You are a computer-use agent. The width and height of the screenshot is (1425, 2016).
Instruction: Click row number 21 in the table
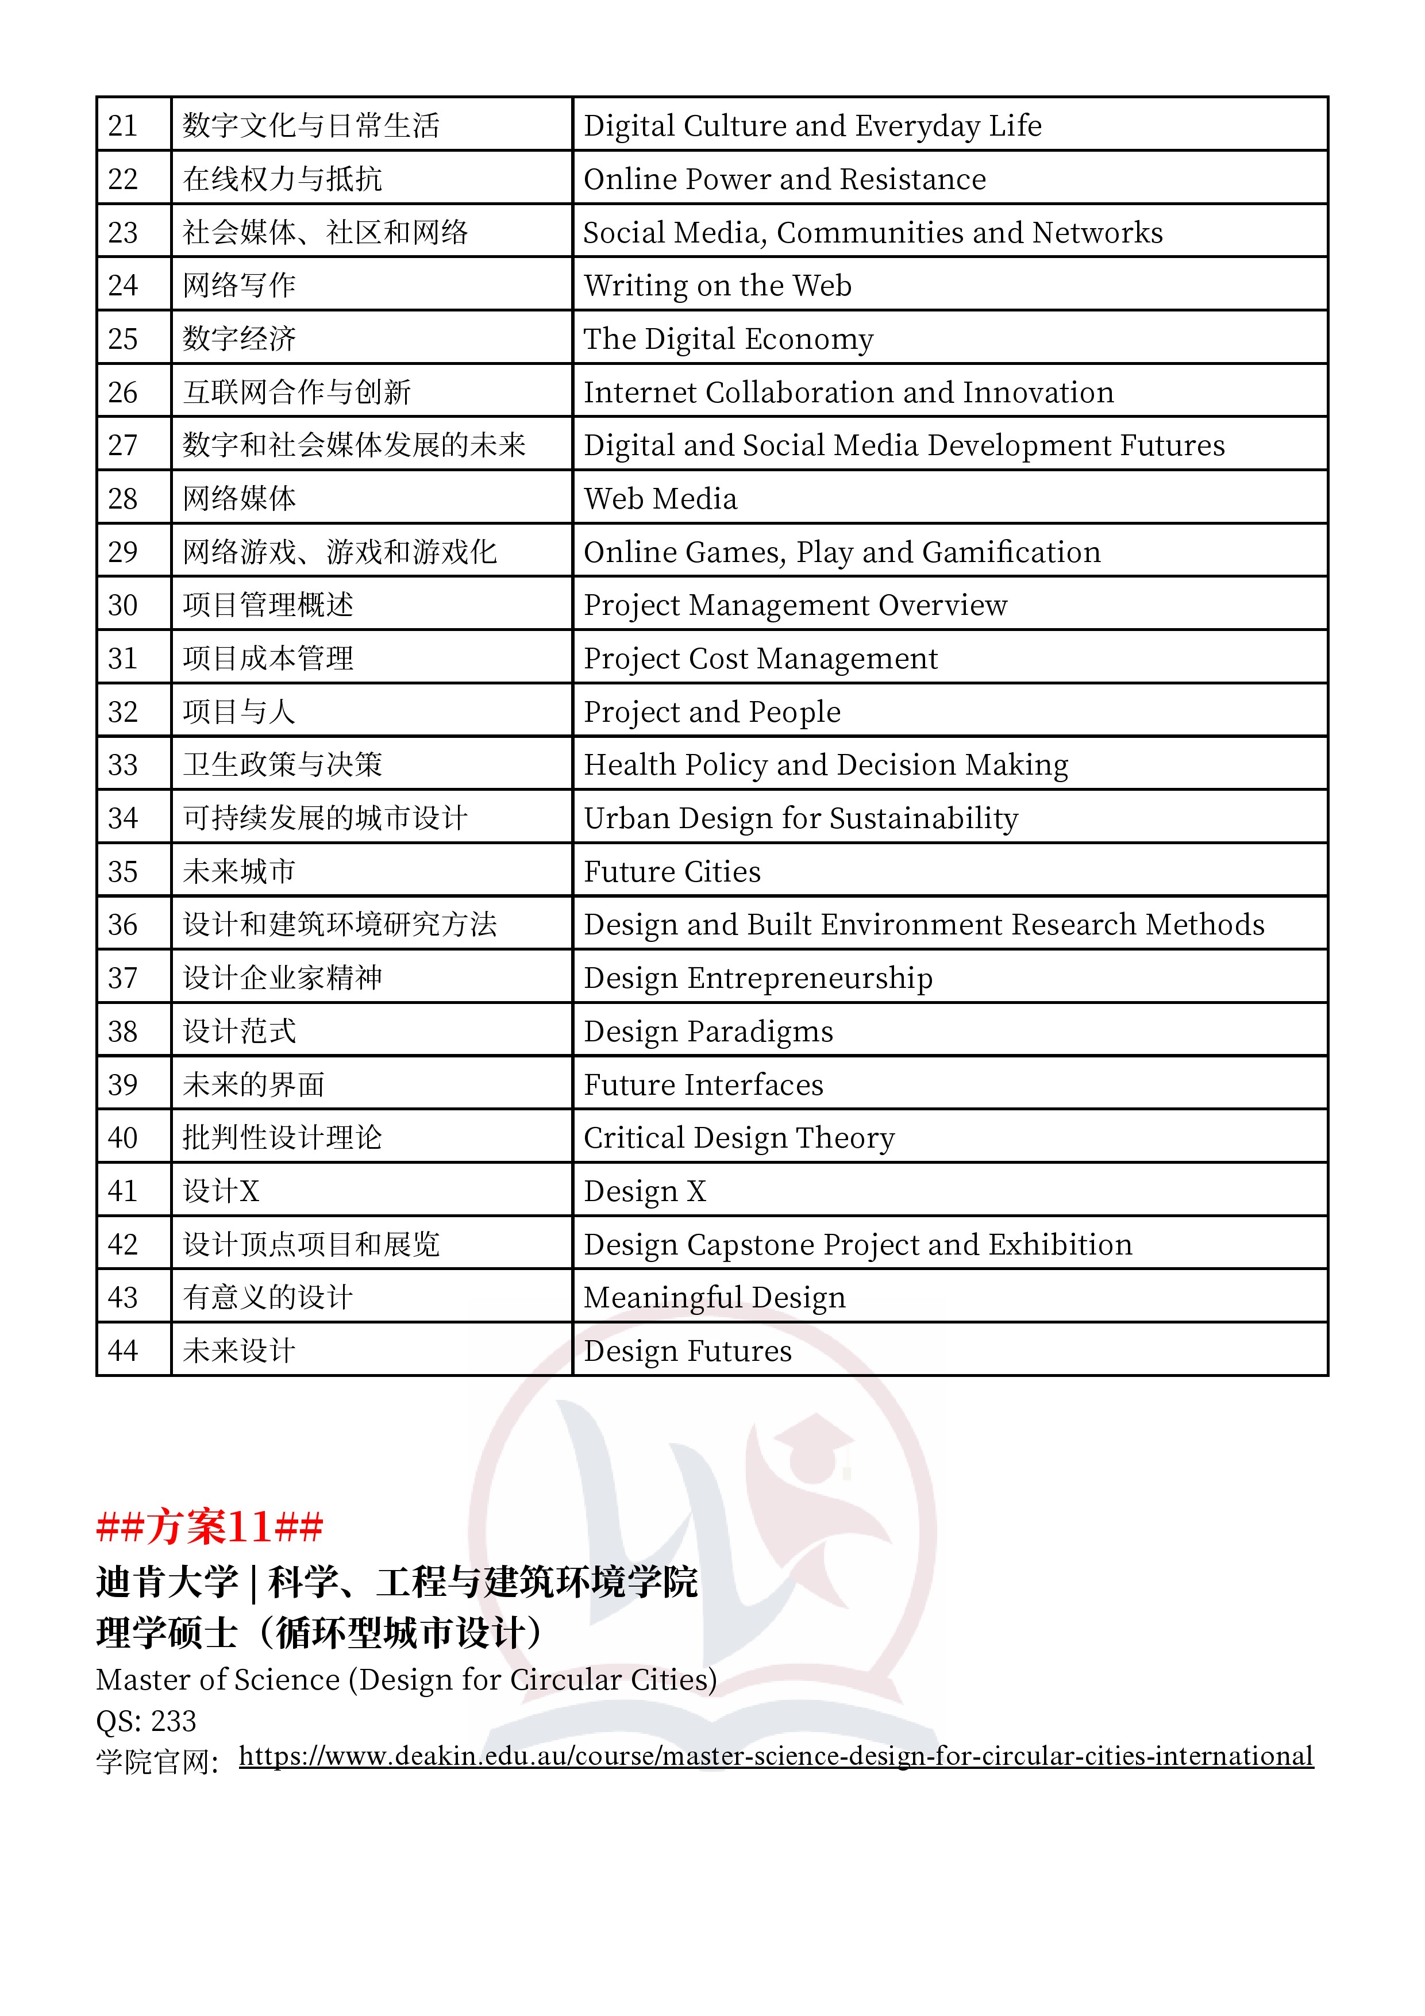click(123, 125)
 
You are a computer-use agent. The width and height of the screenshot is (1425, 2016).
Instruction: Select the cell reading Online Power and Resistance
click(784, 179)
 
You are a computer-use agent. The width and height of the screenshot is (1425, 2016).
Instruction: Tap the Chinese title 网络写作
click(239, 286)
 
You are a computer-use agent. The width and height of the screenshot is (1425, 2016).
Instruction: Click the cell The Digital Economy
click(728, 339)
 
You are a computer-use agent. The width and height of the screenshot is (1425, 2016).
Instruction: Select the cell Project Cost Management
click(760, 659)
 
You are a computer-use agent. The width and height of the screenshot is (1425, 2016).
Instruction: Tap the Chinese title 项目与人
click(239, 711)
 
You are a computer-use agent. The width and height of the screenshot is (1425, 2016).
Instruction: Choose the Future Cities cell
click(672, 871)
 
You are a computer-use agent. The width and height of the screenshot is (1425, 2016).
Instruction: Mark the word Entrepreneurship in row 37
click(810, 978)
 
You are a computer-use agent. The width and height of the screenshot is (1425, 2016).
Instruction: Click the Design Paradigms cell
click(708, 1031)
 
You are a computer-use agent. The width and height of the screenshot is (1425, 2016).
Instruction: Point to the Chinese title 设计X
click(221, 1191)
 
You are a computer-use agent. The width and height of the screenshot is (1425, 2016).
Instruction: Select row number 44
click(123, 1351)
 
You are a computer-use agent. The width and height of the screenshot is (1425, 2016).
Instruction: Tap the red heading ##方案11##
click(210, 1526)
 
